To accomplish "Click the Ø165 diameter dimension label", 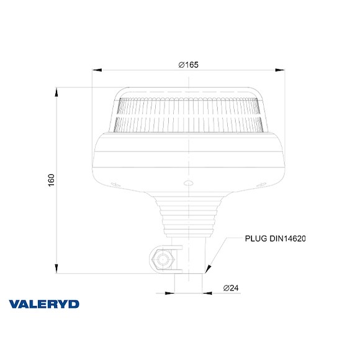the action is click(188, 65).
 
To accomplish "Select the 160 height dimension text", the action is click(52, 180).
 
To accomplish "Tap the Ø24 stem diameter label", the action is click(231, 288).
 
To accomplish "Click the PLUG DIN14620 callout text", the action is click(276, 238).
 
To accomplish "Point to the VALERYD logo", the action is click(44, 304).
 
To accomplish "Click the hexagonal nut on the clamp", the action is click(163, 259).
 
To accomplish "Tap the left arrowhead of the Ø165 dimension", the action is click(97, 70).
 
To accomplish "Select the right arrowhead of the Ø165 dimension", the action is click(280, 70).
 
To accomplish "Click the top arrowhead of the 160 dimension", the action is click(56, 92).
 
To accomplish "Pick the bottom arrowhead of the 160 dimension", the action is click(56, 269).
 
